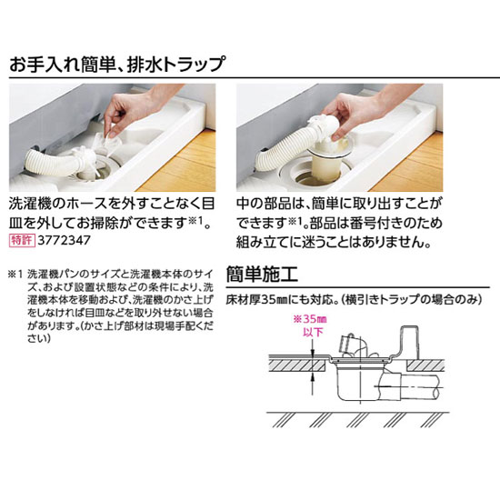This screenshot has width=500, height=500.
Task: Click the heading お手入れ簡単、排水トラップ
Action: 117,64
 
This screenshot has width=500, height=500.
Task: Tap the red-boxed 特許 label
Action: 22,240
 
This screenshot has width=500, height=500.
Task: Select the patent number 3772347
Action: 65,240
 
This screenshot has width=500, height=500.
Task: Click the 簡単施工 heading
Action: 262,274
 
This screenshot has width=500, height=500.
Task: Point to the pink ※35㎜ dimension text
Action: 310,319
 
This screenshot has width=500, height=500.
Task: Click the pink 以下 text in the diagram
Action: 313,332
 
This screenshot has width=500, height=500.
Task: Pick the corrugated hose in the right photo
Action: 284,150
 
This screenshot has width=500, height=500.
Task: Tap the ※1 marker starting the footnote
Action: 15,274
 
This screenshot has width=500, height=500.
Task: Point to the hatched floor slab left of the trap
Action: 297,365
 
